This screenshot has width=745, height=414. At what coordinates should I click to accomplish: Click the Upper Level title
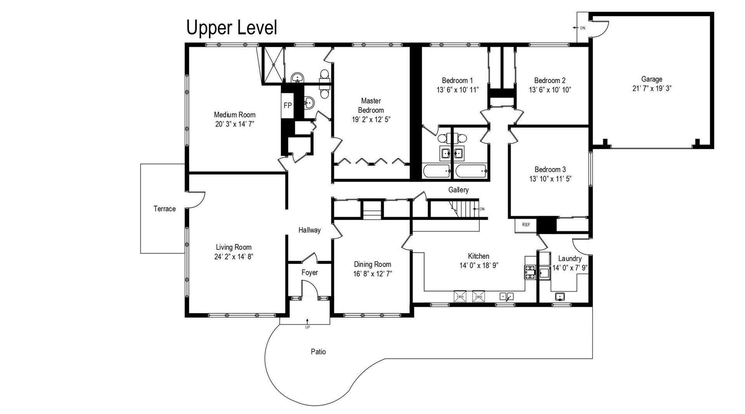pyautogui.click(x=232, y=28)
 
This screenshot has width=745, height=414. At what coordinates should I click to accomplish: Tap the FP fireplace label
pyautogui.click(x=288, y=105)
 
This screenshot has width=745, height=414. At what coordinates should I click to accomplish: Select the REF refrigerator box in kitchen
pyautogui.click(x=526, y=225)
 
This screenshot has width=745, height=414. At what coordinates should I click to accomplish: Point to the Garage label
pyautogui.click(x=651, y=79)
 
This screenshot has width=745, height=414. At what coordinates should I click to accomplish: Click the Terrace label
pyautogui.click(x=165, y=209)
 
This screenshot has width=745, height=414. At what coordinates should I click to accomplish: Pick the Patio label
pyautogui.click(x=318, y=352)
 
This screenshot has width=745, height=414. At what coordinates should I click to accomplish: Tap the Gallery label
pyautogui.click(x=458, y=190)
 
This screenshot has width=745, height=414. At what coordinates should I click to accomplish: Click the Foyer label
pyautogui.click(x=310, y=273)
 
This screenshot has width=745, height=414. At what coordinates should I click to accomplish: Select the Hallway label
pyautogui.click(x=310, y=230)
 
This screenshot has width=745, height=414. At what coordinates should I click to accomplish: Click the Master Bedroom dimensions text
pyautogui.click(x=371, y=120)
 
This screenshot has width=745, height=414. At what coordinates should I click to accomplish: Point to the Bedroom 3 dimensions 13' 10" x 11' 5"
pyautogui.click(x=550, y=179)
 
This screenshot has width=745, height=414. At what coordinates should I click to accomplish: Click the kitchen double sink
pyautogui.click(x=506, y=297)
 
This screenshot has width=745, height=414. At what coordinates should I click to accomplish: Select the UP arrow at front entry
pyautogui.click(x=307, y=322)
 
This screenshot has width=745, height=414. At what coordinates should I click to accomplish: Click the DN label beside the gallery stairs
pyautogui.click(x=482, y=209)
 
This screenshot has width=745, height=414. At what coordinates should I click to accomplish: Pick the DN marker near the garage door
pyautogui.click(x=582, y=28)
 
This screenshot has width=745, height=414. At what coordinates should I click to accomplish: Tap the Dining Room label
pyautogui.click(x=372, y=264)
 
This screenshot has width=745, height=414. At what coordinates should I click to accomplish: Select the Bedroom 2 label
pyautogui.click(x=550, y=80)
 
